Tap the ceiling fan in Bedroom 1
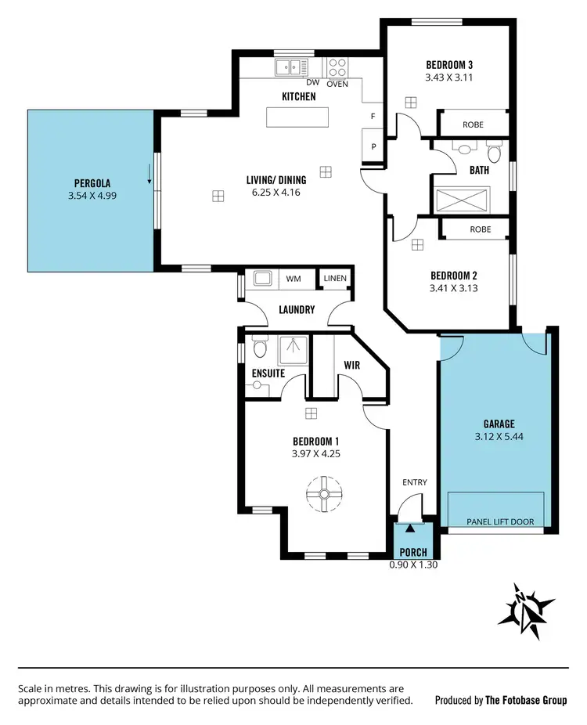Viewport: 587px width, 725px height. coord(324,494)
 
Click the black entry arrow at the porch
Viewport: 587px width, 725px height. coord(409,531)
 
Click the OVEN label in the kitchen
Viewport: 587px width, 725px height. coord(337,83)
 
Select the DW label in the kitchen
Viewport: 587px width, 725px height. coord(312,83)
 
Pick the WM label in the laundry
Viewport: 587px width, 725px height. coord(293,278)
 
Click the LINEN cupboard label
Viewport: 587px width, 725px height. coord(335,278)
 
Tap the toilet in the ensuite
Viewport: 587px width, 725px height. coord(260,347)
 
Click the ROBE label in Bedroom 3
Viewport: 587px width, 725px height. coord(473,124)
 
